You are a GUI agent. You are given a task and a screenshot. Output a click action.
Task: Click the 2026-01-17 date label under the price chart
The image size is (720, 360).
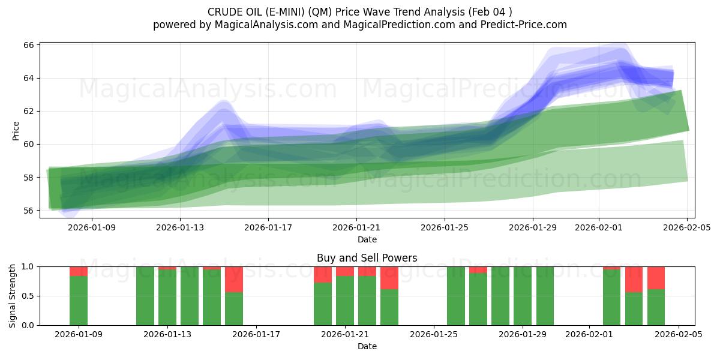point(268,228)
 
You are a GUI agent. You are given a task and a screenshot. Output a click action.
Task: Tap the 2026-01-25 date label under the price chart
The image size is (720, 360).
point(445,228)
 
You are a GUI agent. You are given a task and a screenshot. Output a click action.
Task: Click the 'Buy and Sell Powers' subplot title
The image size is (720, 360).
point(367,259)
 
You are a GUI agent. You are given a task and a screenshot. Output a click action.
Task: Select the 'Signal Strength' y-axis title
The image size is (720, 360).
point(13,295)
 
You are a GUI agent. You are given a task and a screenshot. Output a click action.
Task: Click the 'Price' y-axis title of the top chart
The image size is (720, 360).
point(16,131)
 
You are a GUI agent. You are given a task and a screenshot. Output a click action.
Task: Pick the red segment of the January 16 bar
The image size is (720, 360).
point(234,279)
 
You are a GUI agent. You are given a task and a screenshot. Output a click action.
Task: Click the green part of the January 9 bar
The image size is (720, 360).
point(79,301)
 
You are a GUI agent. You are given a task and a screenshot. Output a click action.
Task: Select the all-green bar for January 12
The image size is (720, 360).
point(145,296)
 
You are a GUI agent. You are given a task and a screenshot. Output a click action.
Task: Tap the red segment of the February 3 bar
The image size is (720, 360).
point(634,279)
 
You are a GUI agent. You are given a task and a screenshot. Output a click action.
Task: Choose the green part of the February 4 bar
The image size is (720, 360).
point(656,307)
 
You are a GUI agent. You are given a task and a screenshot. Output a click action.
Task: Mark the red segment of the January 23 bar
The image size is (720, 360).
point(389,278)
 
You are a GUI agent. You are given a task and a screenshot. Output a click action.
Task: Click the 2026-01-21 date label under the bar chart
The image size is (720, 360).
point(345,335)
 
